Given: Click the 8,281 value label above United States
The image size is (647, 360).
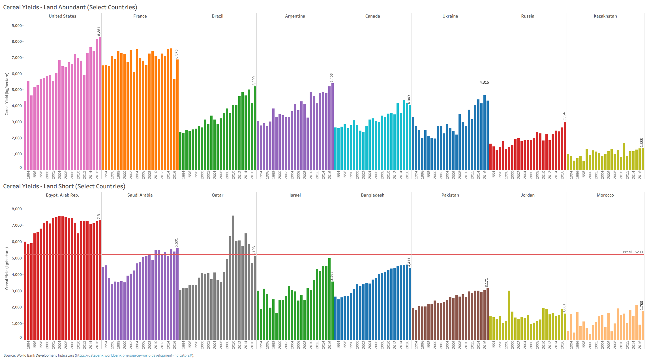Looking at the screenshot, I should pos(99,31).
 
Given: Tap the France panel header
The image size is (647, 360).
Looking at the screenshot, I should pos(140,16).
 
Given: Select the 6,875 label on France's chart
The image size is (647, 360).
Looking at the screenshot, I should pos(176,54).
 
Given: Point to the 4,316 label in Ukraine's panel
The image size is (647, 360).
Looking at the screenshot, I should pos(484,82).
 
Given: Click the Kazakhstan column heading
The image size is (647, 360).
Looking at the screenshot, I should pos(605,16).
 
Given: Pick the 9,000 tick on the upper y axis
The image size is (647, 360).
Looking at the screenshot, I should pos(17,26).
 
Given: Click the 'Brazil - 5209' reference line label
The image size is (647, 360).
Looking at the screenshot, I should pos(633,252).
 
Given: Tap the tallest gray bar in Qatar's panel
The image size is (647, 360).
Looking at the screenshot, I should pos(233,278).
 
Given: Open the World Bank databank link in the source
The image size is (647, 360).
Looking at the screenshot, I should pos(134,355).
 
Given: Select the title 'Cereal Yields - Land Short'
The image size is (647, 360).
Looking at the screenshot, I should pos(64,186).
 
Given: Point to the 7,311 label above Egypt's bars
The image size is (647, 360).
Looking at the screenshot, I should pos(99,214).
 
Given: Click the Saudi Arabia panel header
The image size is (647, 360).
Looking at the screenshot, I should pos(140,195).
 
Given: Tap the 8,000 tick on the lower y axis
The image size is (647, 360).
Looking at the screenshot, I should pos(17,209).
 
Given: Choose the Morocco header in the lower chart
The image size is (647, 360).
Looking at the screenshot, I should pos(605,195).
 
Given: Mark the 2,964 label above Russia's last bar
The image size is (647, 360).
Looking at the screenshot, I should pos(564,117).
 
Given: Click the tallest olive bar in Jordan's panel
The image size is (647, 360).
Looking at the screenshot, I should pos(509,315).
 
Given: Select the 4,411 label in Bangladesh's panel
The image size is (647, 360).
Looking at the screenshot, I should pos(409,262).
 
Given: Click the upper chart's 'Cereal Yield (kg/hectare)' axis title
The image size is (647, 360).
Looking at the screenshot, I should pos(7,94).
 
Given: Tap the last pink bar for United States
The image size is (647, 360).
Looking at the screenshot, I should pos(100,103).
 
